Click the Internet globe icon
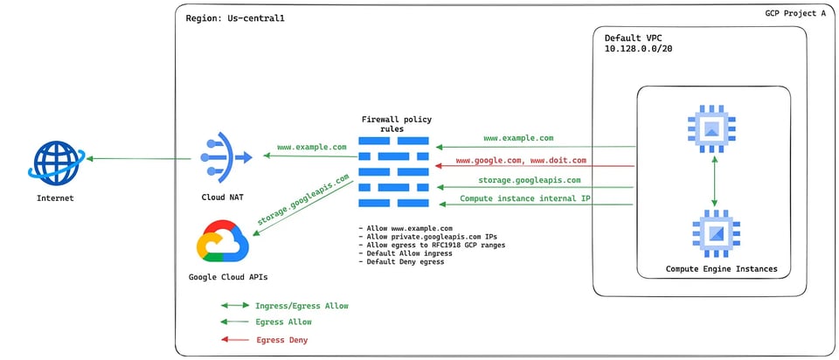pos(56,163)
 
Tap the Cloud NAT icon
pos(225,157)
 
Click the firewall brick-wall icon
pos(394,172)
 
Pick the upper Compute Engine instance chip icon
pos(711,128)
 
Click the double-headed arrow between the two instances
pos(713,181)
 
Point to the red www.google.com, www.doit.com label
pos(521,160)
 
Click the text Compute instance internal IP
pos(525,199)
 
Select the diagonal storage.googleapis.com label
pos(303,199)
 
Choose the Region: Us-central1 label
pos(235,18)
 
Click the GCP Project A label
pos(795,13)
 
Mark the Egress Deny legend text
pos(282,340)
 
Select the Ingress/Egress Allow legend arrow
pos(235,306)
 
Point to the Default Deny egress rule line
pos(401,262)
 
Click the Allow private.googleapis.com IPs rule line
pos(427,237)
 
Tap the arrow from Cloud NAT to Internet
pos(139,158)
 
